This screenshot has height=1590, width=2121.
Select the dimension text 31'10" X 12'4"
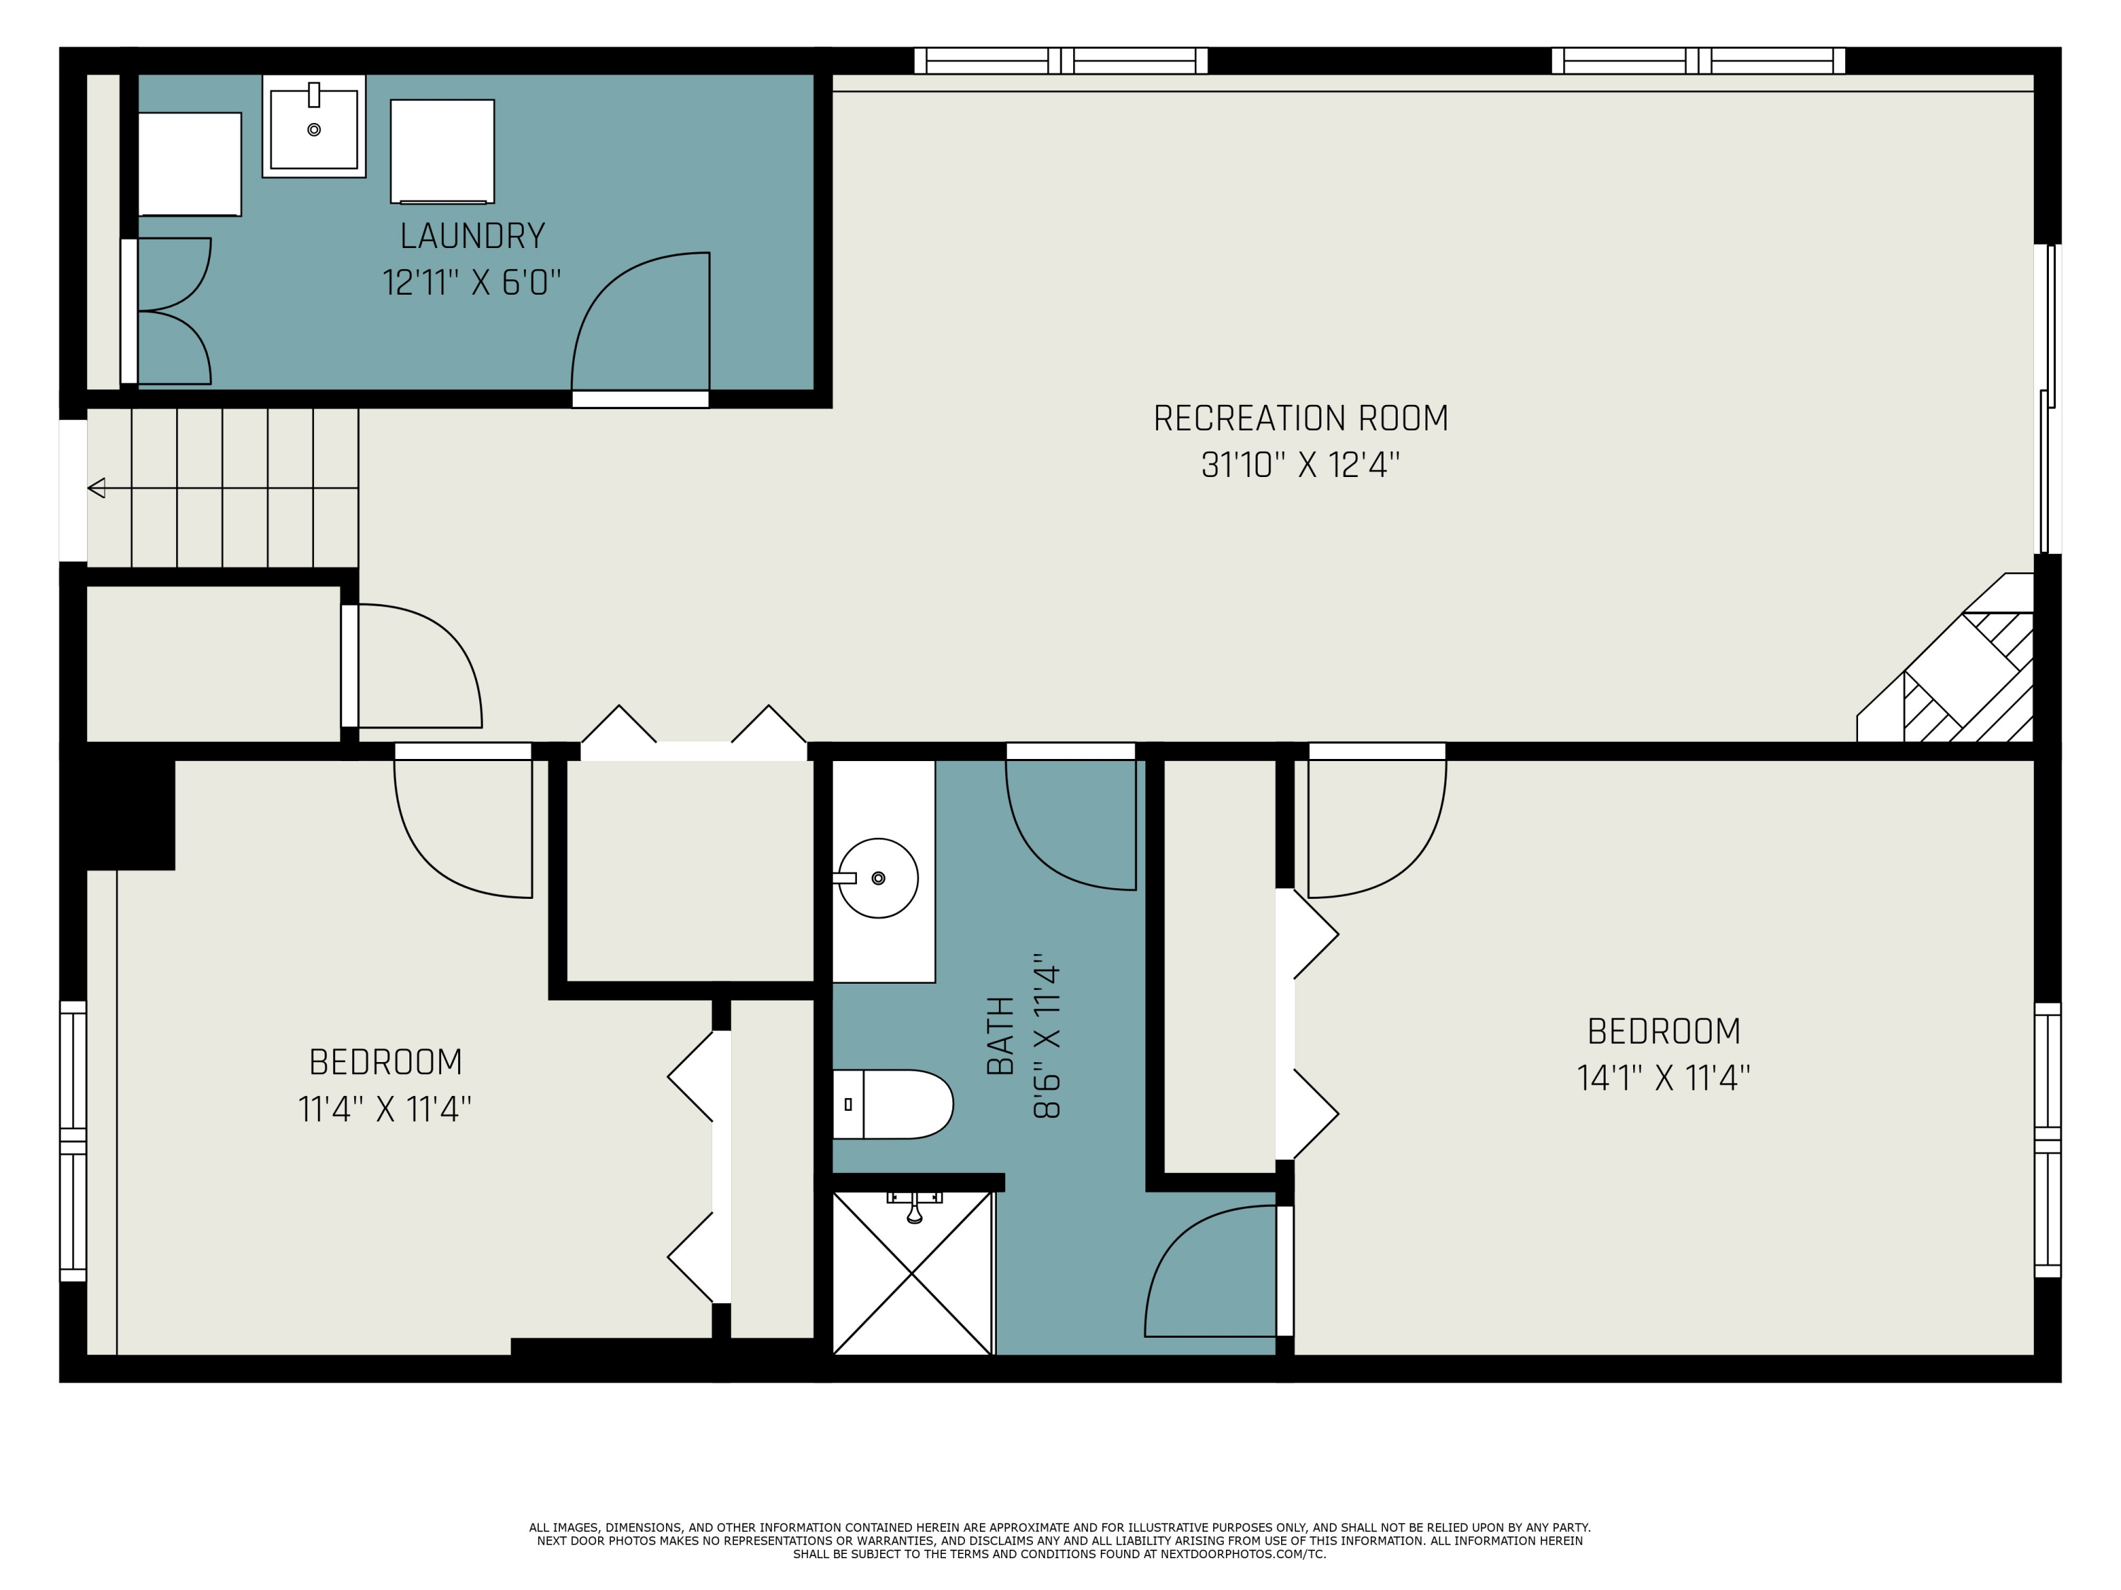pyautogui.click(x=1300, y=466)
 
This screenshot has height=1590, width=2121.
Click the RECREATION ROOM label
pyautogui.click(x=1300, y=419)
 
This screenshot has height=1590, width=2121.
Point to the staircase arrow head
pyautogui.click(x=96, y=489)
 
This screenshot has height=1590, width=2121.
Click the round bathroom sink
pyautogui.click(x=878, y=878)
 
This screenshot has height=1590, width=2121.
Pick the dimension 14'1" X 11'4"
pyautogui.click(x=1664, y=1078)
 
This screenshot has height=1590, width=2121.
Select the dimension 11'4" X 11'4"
pyautogui.click(x=385, y=1109)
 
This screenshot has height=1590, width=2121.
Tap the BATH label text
pyautogui.click(x=1000, y=1035)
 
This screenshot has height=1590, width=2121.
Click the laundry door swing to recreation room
pyautogui.click(x=641, y=326)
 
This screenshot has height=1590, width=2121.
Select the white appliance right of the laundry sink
pyautogui.click(x=442, y=151)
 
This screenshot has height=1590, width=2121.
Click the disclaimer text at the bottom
pyautogui.click(x=1060, y=1541)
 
